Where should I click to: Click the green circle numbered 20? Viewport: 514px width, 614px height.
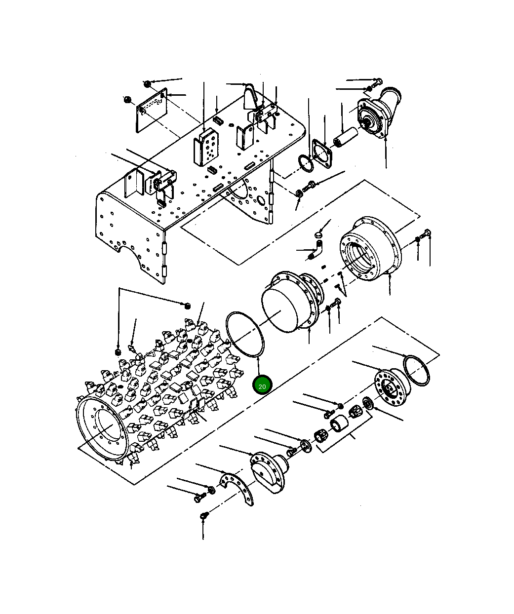pos(262,386)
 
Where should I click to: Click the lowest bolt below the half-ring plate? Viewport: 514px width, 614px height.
pos(203,516)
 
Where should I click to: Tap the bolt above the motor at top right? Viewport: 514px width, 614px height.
pos(377,80)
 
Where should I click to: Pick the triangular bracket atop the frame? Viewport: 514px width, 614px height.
pos(249,96)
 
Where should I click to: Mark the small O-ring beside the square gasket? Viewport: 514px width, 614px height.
pos(305,163)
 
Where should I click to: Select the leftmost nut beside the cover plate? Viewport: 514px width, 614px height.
pos(127,100)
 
